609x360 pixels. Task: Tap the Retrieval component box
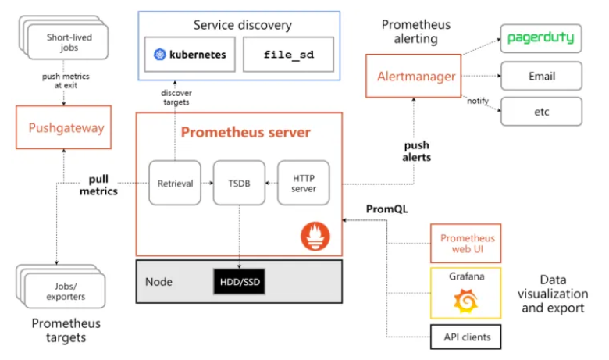tap(175, 183)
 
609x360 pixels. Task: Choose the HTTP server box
tap(303, 183)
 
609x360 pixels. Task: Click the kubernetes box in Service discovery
tap(191, 55)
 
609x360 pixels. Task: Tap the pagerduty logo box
tap(540, 37)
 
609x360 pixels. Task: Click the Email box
tap(540, 76)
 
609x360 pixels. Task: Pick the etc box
tap(540, 112)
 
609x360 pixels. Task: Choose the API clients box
tap(466, 337)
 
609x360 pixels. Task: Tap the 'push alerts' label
tap(418, 151)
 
